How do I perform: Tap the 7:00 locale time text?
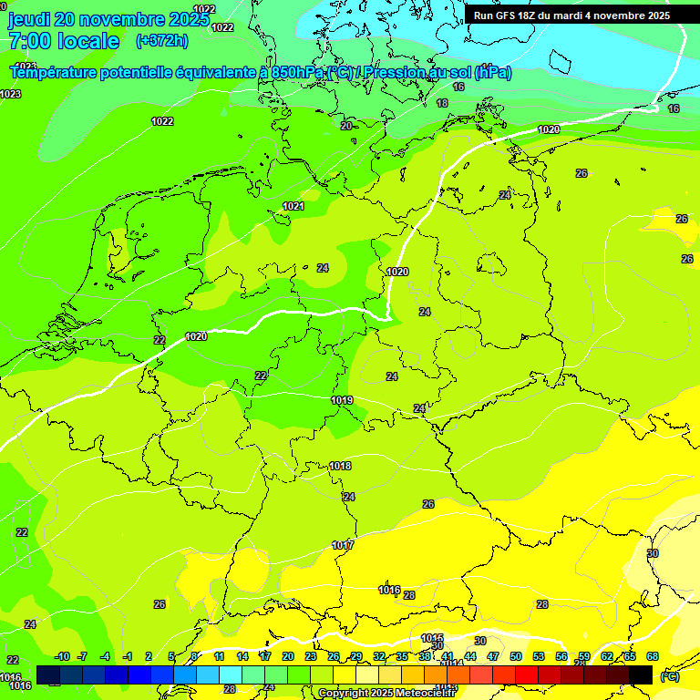[x=64, y=41]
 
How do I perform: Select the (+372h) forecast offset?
[x=161, y=41]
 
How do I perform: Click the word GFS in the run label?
[x=507, y=15]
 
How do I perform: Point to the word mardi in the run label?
[x=571, y=15]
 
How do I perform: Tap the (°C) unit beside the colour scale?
[x=669, y=676]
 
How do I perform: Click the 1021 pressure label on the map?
[x=293, y=207]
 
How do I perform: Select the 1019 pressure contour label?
[x=343, y=401]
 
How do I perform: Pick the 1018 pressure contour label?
[x=340, y=467]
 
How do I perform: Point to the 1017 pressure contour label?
[x=343, y=546]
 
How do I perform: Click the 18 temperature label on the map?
[x=442, y=104]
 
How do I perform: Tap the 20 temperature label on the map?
[x=346, y=127]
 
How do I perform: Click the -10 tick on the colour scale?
[x=62, y=657]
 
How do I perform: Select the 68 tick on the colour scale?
[x=653, y=657]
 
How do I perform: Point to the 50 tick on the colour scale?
[x=516, y=657]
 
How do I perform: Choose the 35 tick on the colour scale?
[x=402, y=657]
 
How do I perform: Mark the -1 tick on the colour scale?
[x=128, y=657]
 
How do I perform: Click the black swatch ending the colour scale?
[x=641, y=674]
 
